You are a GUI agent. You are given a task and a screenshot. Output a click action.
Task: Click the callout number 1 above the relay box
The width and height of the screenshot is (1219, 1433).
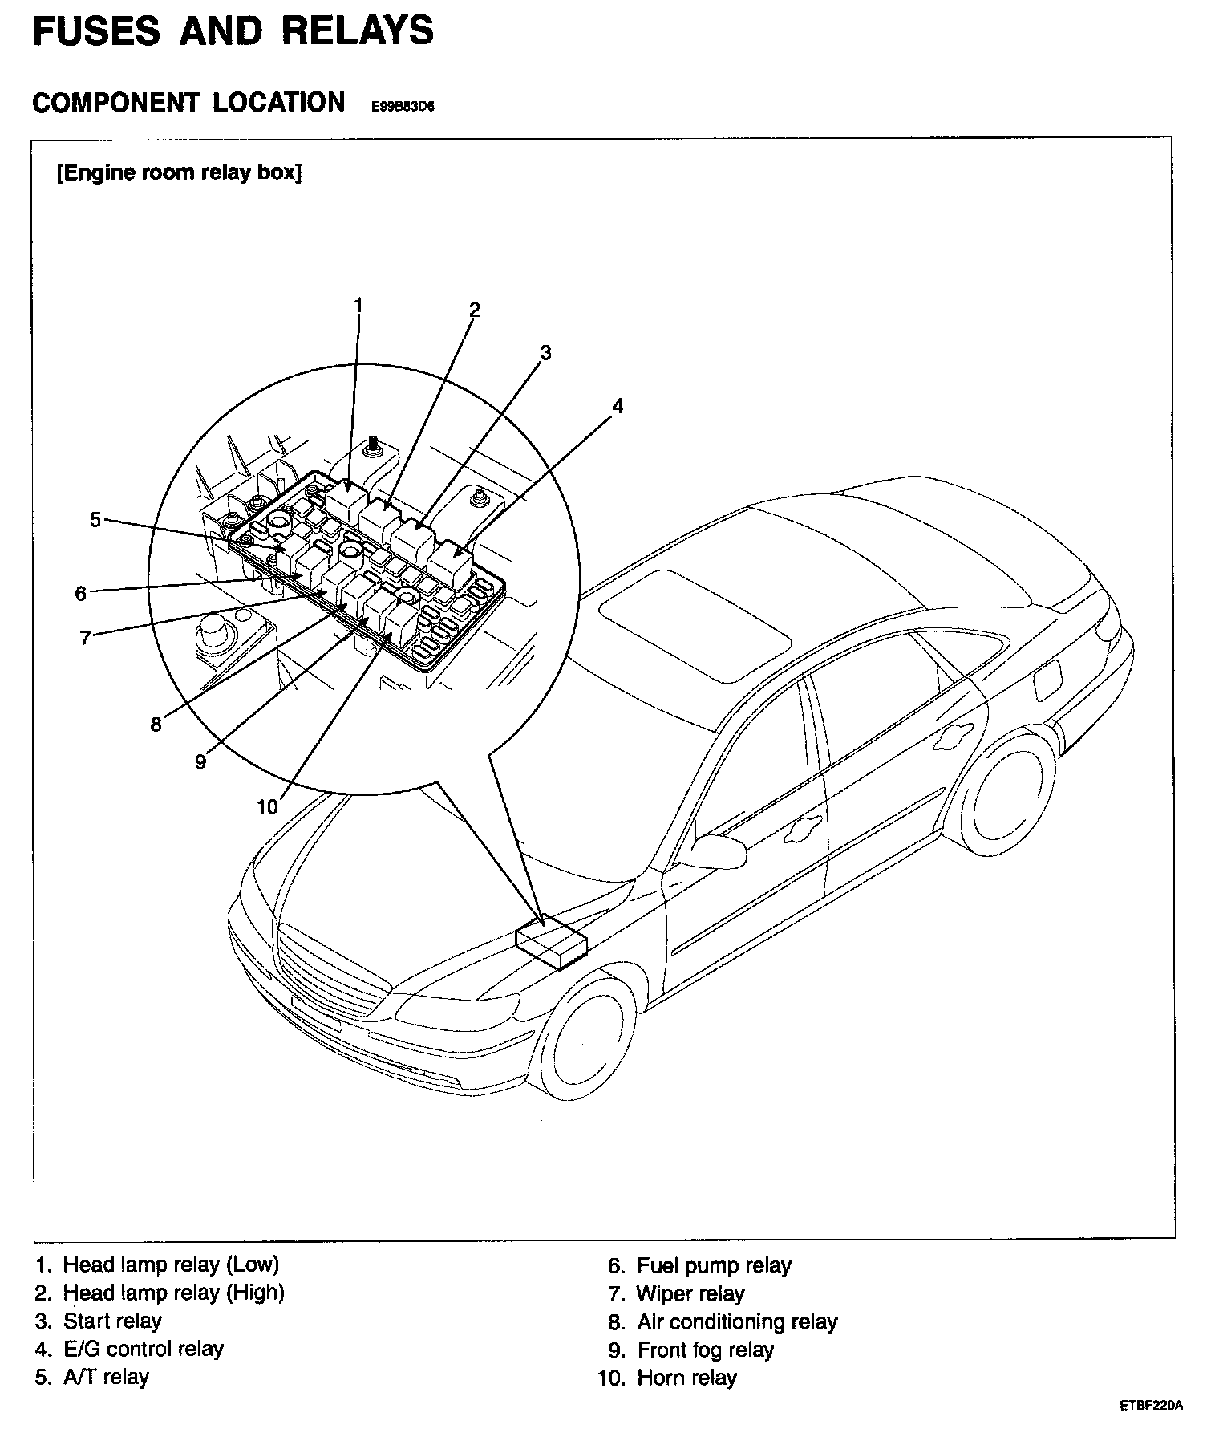pyautogui.click(x=358, y=305)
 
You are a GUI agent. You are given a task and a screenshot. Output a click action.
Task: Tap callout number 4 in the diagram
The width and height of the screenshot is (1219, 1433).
pyautogui.click(x=617, y=406)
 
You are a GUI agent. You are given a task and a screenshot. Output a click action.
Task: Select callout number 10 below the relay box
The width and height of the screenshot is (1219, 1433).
pyautogui.click(x=267, y=806)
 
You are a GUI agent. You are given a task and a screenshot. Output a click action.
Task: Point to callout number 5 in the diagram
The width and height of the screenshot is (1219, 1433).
pyautogui.click(x=95, y=520)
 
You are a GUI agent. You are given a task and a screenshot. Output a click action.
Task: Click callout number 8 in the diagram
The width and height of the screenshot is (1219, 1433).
pyautogui.click(x=156, y=724)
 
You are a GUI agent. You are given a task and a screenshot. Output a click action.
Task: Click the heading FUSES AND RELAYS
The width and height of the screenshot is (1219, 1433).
pyautogui.click(x=233, y=32)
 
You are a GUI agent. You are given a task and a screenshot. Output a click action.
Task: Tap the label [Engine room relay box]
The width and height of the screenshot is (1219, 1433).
pyautogui.click(x=179, y=173)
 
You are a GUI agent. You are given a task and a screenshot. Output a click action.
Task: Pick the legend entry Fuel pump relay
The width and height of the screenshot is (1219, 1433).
pyautogui.click(x=713, y=1265)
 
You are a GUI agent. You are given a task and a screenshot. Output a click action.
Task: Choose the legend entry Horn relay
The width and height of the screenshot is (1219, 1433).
pyautogui.click(x=686, y=1378)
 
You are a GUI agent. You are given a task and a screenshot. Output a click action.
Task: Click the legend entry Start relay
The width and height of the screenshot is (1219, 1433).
pyautogui.click(x=111, y=1321)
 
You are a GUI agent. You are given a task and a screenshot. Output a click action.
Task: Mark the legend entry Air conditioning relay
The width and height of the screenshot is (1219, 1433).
pyautogui.click(x=736, y=1321)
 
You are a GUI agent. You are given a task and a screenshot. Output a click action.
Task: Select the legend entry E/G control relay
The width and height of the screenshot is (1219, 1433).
pyautogui.click(x=143, y=1349)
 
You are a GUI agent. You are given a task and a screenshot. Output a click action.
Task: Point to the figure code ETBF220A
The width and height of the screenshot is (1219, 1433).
pyautogui.click(x=1152, y=1406)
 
